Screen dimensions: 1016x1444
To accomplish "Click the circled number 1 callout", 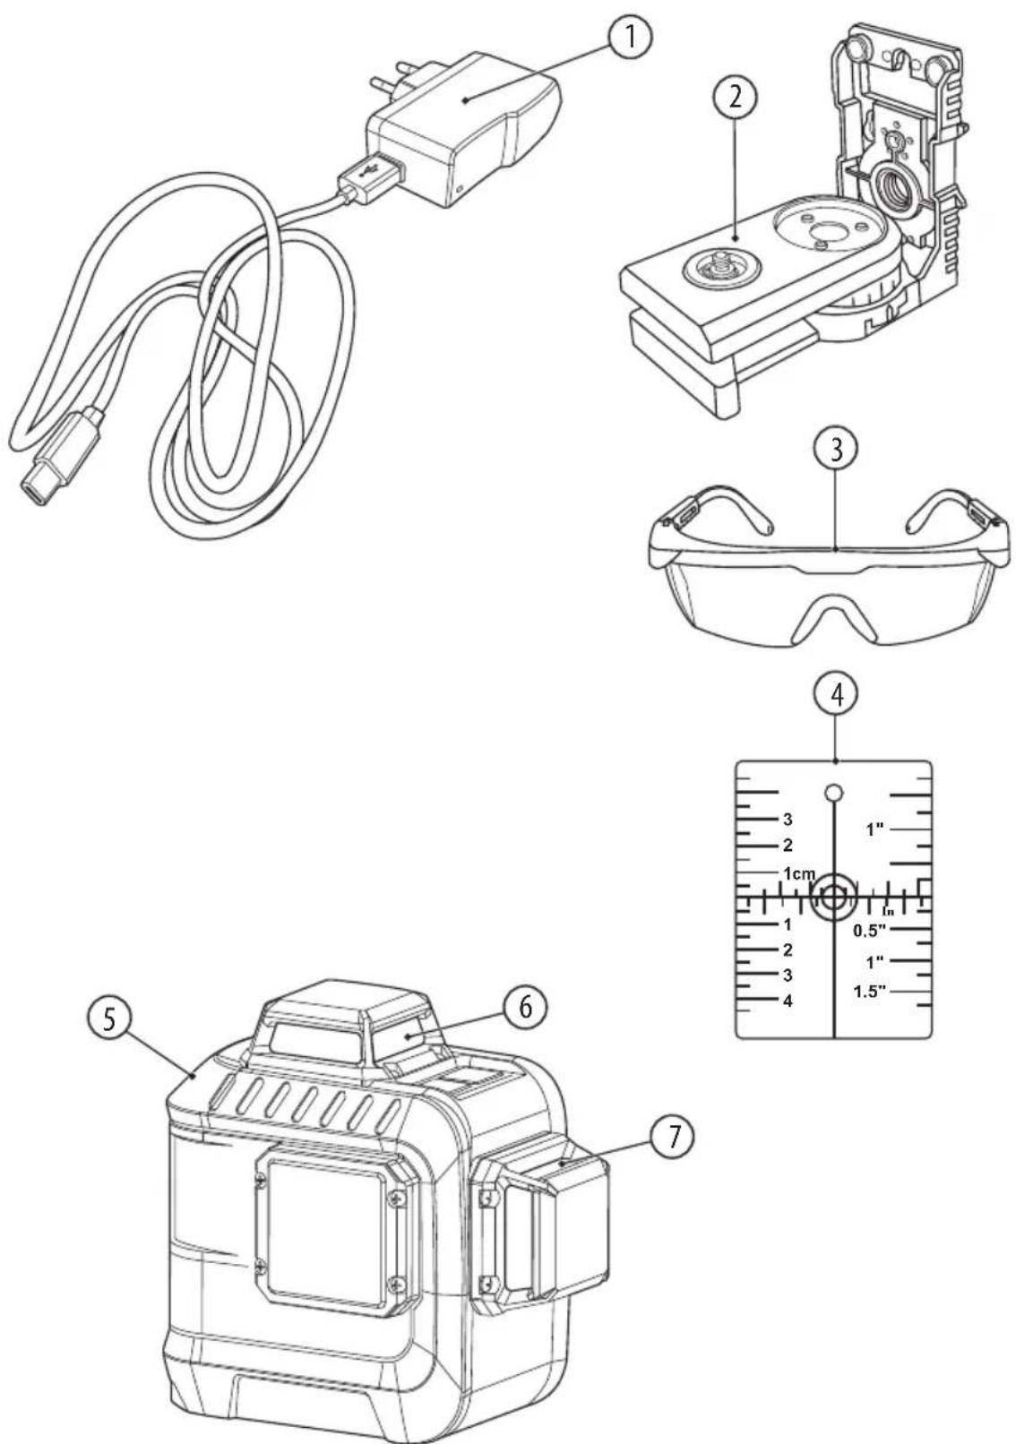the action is coord(629,39).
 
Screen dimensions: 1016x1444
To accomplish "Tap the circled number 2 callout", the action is coord(735,99).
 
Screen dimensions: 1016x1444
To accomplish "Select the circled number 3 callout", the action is coord(836,450).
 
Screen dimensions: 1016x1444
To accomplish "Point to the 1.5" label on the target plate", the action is coord(870,992).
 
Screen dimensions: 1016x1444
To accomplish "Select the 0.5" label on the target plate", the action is coord(870,930).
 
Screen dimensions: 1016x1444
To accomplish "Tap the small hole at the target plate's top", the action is coord(834,792).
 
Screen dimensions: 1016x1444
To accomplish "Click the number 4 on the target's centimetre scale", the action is coord(788,1001).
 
